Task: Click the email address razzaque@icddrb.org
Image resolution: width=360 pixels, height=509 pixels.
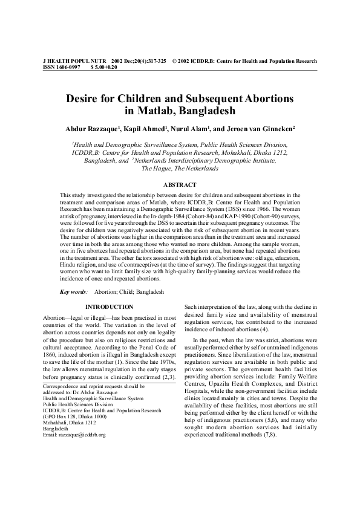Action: click(76, 435)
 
